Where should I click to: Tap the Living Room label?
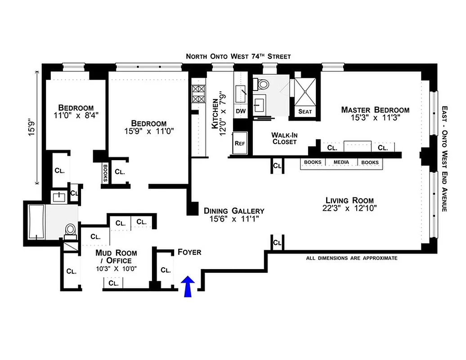click(x=350, y=201)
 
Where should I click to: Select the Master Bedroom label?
click(x=375, y=110)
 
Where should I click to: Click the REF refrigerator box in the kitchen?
click(x=239, y=144)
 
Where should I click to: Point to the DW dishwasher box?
click(x=241, y=111)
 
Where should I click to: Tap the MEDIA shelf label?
click(x=341, y=162)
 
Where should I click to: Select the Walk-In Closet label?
click(x=284, y=138)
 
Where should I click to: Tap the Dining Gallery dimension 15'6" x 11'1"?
click(x=233, y=219)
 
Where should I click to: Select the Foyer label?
click(x=189, y=252)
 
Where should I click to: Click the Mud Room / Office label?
click(x=116, y=256)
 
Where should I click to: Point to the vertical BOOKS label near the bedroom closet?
click(x=105, y=172)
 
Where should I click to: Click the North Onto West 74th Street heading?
click(x=238, y=56)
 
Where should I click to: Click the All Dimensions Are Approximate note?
click(x=351, y=258)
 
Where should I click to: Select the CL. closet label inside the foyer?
click(x=166, y=270)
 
